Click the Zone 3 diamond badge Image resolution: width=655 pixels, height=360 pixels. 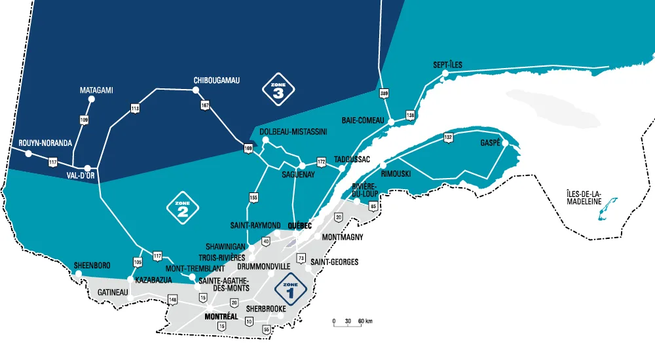(278, 88)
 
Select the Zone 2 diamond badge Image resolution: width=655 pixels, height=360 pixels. (183, 208)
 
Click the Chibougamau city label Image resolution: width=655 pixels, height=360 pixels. (217, 81)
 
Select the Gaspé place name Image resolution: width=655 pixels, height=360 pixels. (490, 143)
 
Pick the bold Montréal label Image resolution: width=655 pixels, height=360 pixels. (221, 317)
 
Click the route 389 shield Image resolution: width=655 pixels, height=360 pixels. (384, 94)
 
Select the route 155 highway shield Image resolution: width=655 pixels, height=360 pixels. (253, 196)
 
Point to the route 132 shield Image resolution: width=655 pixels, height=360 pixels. (448, 137)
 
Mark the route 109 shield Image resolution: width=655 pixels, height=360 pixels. (84, 120)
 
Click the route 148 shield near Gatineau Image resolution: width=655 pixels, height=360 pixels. (173, 300)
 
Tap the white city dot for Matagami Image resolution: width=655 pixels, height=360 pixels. (92, 99)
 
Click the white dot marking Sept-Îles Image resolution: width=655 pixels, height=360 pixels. (445, 74)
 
